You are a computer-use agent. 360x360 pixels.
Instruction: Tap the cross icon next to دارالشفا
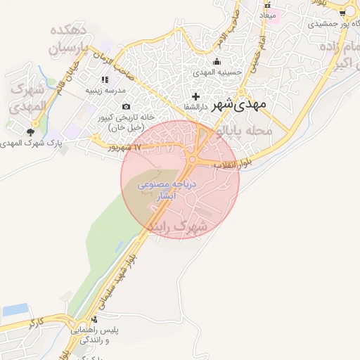[x=195, y=96]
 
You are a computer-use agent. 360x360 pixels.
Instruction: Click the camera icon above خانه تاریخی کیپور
[x=126, y=106]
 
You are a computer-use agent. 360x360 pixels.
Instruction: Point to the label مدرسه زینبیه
[x=105, y=91]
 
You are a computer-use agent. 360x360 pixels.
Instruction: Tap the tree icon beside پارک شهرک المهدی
[x=30, y=131]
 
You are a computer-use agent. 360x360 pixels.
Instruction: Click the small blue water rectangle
[x=15, y=309]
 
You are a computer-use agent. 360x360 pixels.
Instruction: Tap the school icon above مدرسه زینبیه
[x=105, y=79]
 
